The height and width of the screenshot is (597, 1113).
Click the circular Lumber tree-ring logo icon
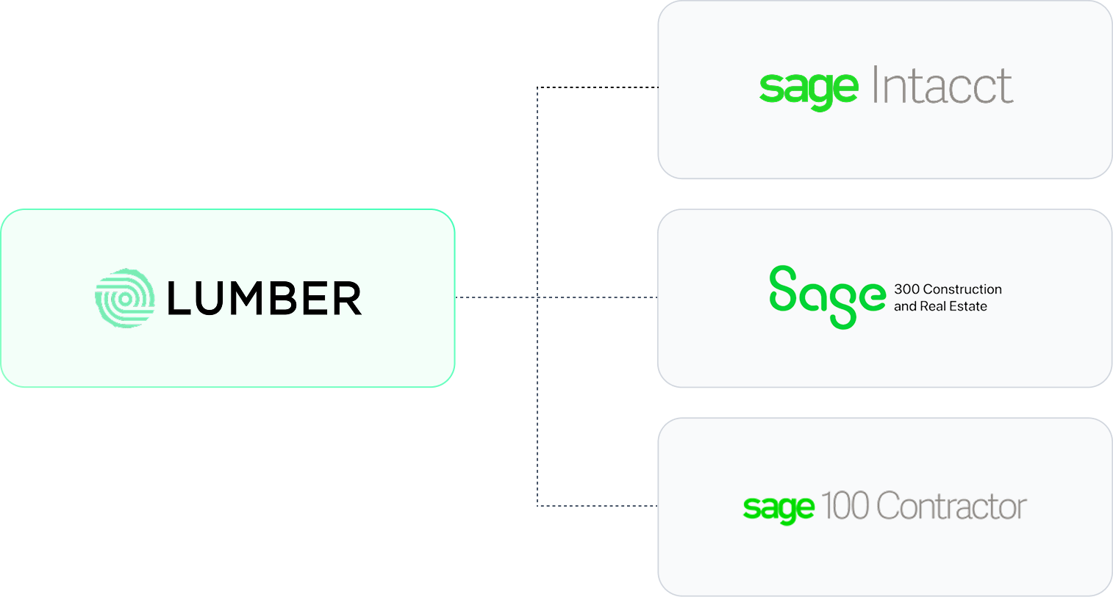coord(125,298)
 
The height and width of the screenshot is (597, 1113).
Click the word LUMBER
coord(265,299)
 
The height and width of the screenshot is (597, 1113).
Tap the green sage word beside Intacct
coord(809,89)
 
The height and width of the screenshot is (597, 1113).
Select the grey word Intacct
coord(942,86)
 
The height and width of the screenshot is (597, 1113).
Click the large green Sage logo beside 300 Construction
coord(827,296)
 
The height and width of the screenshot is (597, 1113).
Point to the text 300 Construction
coord(948,289)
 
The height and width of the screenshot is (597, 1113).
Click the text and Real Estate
coord(940,306)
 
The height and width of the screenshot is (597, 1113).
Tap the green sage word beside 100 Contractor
coord(779,507)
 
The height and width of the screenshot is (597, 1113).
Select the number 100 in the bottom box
coord(845,506)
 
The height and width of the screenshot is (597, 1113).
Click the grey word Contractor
coord(951,506)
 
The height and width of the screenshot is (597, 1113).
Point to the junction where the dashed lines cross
coord(537,297)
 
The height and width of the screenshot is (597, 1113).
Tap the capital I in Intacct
coord(876,85)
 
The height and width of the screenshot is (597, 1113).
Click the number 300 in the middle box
coord(906,289)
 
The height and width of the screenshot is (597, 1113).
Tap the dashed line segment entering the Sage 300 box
coord(599,297)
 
